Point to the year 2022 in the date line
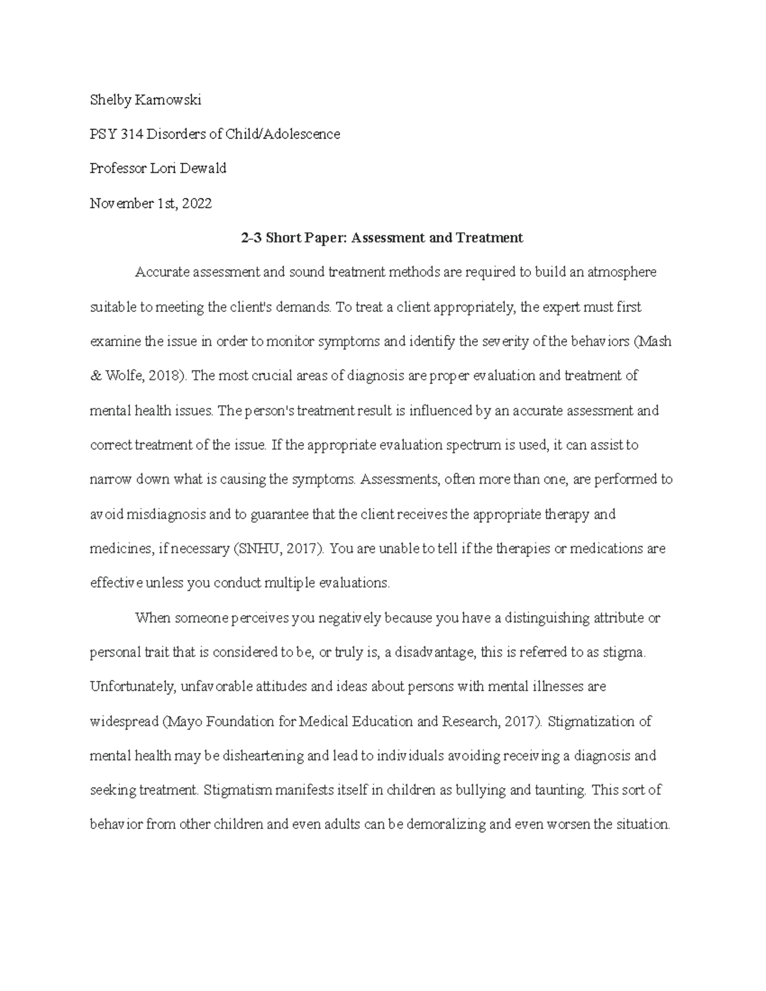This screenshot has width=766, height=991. pyautogui.click(x=197, y=204)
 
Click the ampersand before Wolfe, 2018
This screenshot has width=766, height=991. pyautogui.click(x=94, y=376)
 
